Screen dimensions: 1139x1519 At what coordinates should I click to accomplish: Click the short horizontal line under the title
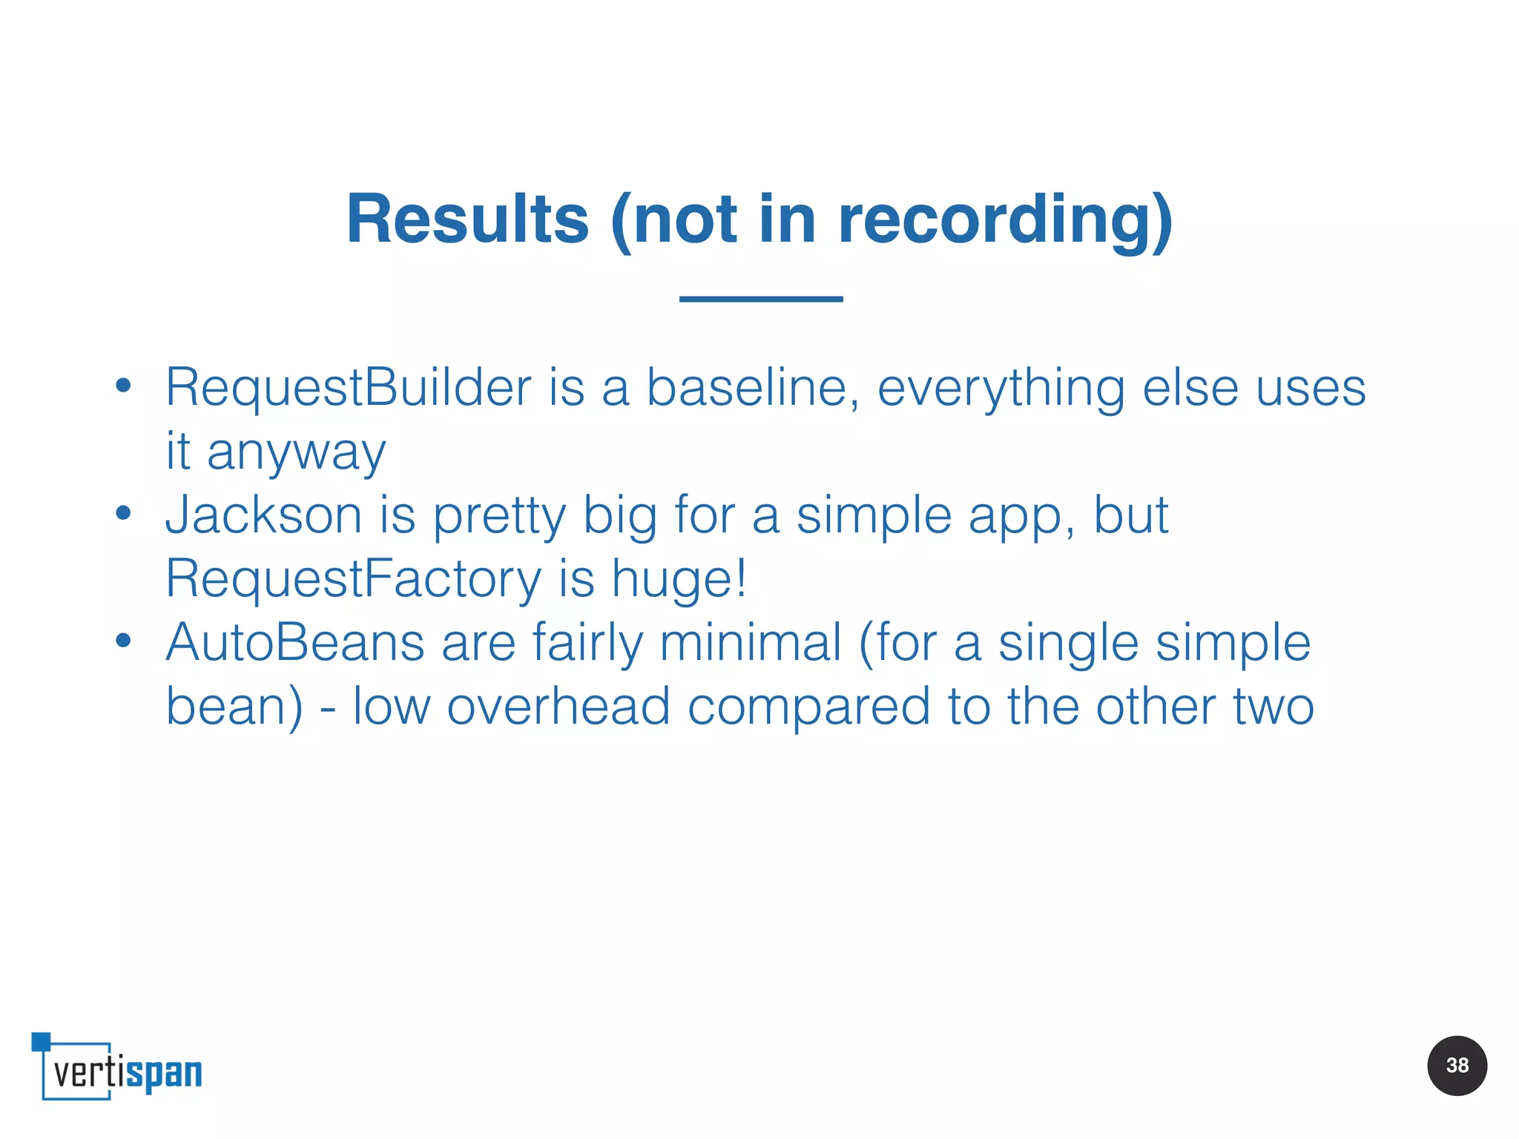[761, 299]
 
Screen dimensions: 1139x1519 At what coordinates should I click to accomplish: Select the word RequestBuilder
[348, 387]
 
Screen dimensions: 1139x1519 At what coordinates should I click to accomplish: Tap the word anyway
[296, 452]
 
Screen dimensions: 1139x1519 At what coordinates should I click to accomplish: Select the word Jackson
[263, 515]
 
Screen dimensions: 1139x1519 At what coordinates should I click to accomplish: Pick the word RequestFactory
[353, 578]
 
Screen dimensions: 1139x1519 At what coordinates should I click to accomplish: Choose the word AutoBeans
[294, 642]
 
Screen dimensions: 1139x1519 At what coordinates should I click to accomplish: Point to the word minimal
[750, 642]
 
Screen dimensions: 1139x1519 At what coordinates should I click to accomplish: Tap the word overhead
[558, 706]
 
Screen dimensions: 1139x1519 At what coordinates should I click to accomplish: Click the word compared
[808, 707]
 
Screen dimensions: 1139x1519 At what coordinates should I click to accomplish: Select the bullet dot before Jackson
[123, 512]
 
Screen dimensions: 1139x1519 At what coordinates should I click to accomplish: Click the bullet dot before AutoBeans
[123, 640]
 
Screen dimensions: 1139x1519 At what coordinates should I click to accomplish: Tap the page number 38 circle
[1457, 1066]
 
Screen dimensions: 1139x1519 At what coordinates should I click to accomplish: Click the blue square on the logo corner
[41, 1041]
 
